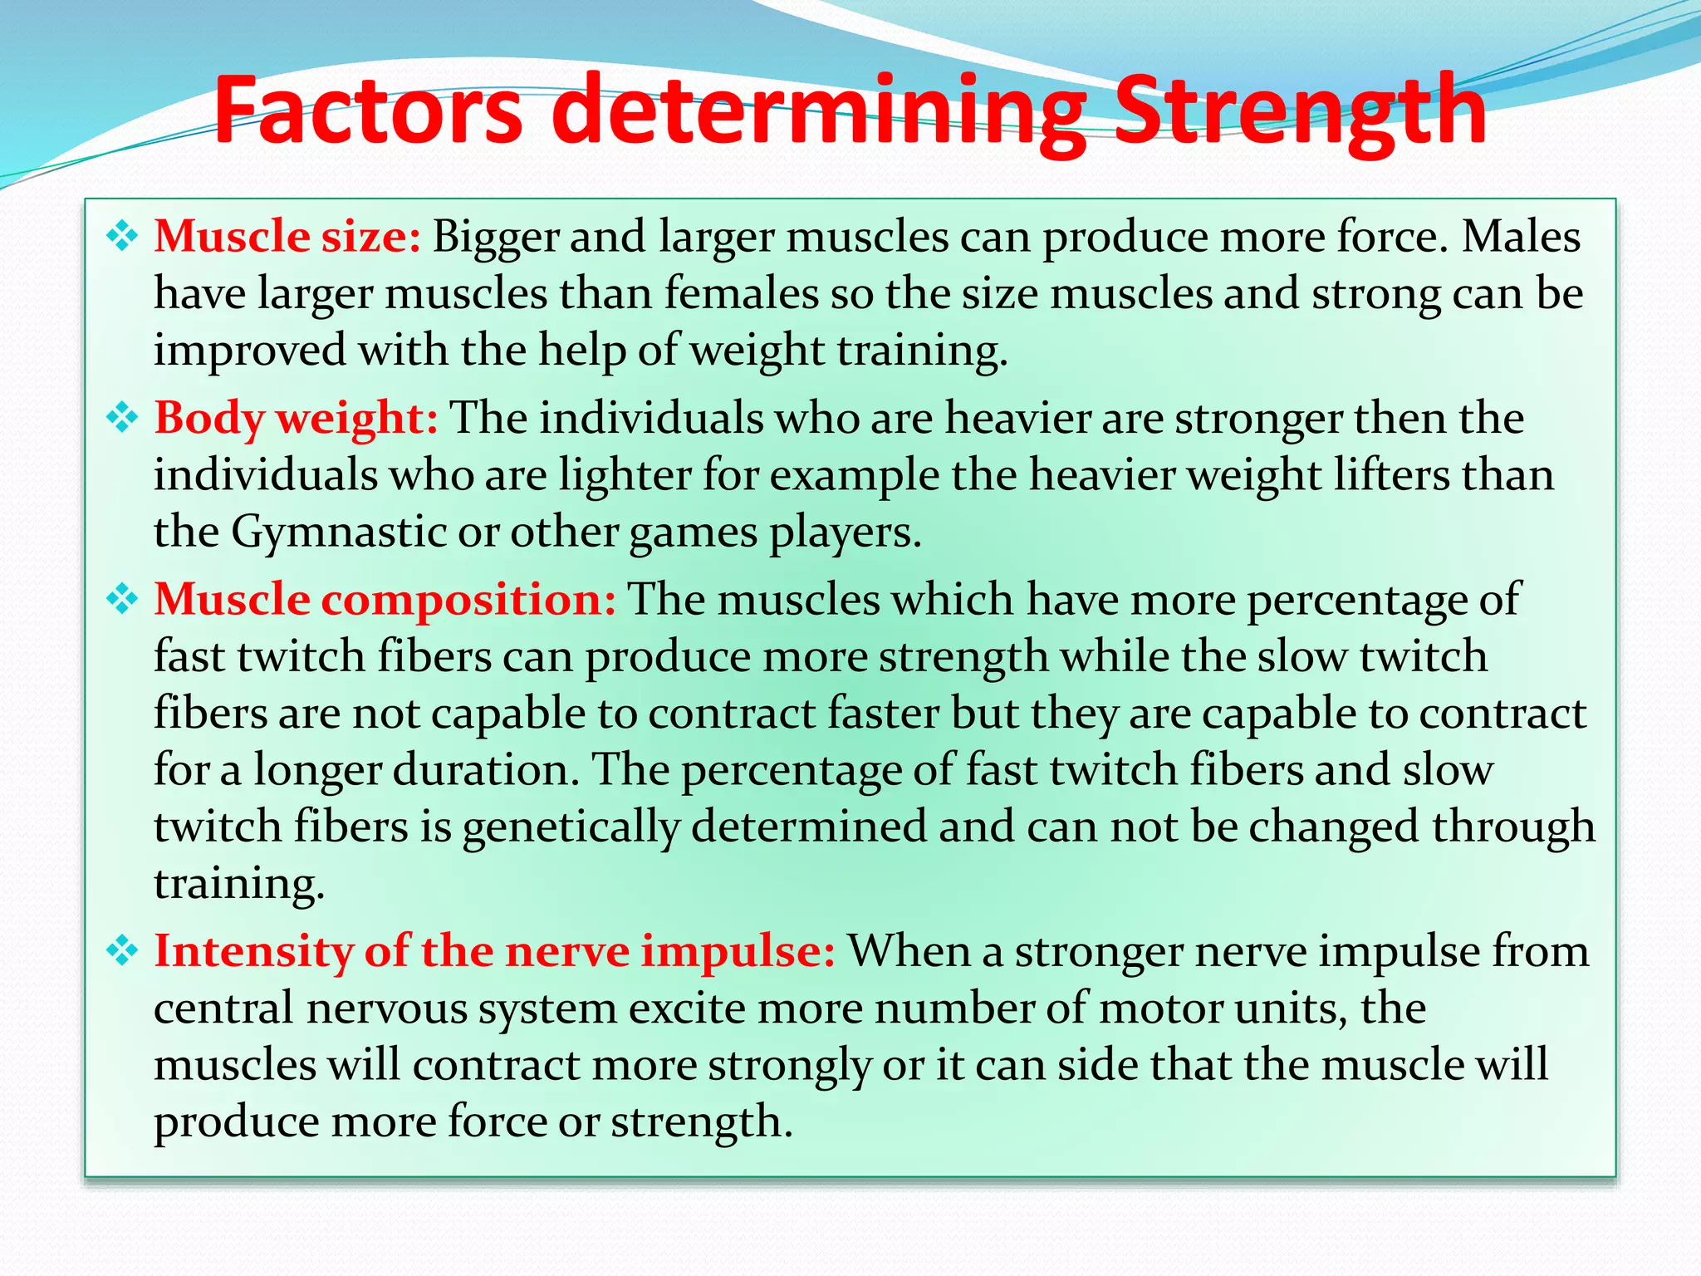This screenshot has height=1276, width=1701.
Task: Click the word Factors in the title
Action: tap(368, 110)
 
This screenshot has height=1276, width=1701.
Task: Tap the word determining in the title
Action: tap(818, 112)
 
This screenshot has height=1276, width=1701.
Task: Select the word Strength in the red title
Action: tap(1300, 112)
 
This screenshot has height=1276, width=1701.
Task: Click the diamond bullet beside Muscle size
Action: tap(122, 237)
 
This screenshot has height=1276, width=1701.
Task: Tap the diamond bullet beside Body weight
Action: tap(122, 418)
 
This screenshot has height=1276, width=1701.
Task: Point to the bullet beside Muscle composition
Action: tap(122, 599)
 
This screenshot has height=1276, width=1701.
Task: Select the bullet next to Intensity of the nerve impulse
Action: tap(122, 950)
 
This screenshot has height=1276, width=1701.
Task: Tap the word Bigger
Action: tap(495, 237)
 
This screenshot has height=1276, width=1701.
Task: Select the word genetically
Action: tap(571, 827)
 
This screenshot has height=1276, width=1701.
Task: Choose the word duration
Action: tap(485, 770)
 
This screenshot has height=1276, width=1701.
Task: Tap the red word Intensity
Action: tap(253, 950)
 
